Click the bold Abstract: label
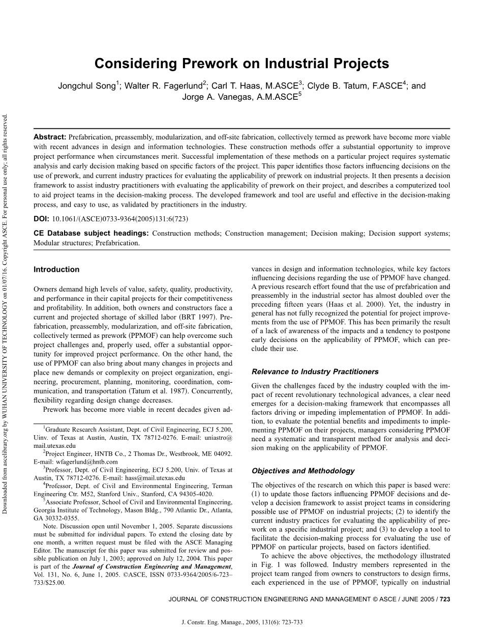50,137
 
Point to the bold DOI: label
41,219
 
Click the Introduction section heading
56,270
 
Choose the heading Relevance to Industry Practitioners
315,372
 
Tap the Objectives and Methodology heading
303,471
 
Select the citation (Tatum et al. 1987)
173,391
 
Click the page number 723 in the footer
445,600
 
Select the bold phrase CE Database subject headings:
91,234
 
